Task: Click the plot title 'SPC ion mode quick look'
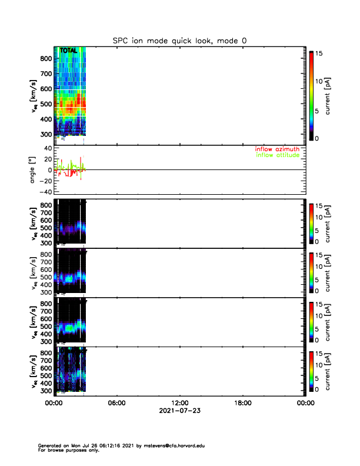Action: point(179,41)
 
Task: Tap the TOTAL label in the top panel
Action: point(69,51)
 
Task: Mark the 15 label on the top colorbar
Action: point(320,54)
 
